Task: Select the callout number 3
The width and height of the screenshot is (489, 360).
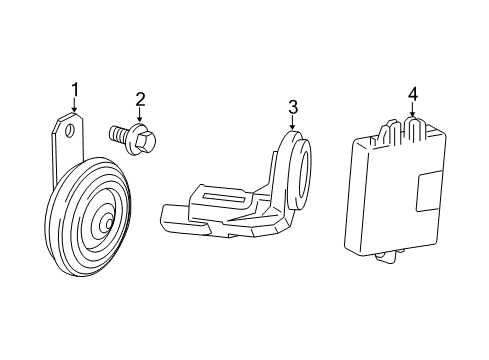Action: [x=293, y=107]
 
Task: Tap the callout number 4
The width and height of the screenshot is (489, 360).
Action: [x=411, y=97]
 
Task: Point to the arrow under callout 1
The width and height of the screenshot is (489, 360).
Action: [x=74, y=110]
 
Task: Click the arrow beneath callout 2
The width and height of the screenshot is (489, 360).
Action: [x=140, y=115]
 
